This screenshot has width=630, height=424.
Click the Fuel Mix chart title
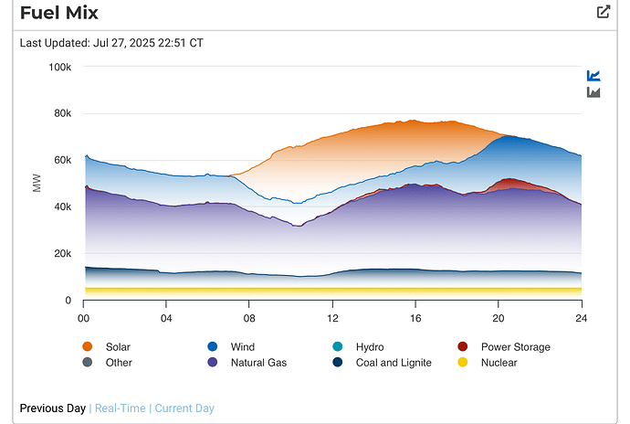pos(59,13)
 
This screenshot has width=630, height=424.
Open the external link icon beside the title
pos(603,12)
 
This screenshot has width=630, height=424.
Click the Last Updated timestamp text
pos(111,43)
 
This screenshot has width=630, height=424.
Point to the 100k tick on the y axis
pos(60,67)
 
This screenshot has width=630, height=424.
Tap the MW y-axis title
pos(37,184)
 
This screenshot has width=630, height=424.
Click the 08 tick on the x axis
pos(249,318)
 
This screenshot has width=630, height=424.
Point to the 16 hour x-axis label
pos(415,318)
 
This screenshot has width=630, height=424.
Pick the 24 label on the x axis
pos(581,318)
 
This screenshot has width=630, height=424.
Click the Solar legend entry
pos(118,347)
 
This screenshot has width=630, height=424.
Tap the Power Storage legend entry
pos(515,347)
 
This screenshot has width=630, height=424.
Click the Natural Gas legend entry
pos(259,363)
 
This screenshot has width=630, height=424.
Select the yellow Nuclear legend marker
pos(462,363)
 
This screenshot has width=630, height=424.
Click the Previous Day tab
pos(53,408)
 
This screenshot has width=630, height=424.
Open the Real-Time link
pos(121,408)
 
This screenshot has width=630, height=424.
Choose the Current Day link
pos(185,408)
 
